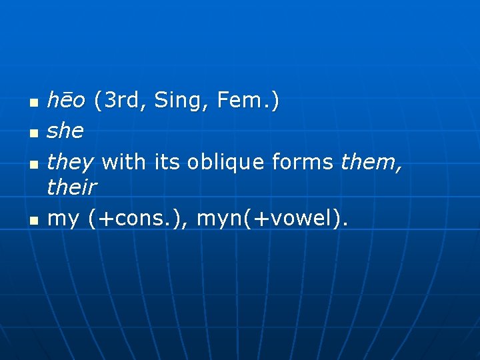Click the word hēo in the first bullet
66,101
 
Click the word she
65,131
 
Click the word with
125,161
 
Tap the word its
167,161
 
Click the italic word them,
371,161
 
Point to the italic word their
72,188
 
